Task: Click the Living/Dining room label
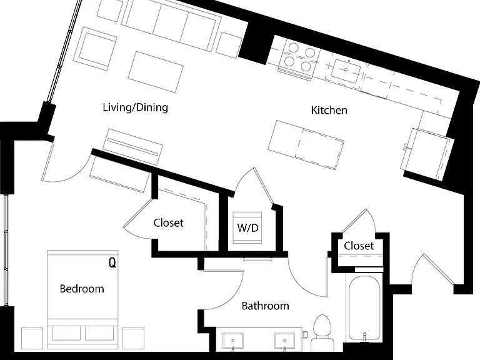coord(135,107)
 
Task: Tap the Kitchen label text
coord(329,110)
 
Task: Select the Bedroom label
coord(82,289)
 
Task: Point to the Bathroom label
coord(266,306)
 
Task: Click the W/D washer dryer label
coord(247,227)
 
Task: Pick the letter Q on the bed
coord(112,262)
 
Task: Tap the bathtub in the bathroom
coord(364,308)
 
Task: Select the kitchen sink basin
coord(346,71)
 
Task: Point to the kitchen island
coord(306,145)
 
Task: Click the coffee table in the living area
coord(156,72)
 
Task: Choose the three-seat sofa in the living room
coord(171,26)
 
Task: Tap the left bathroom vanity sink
coord(233,341)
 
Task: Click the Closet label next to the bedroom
coord(168,223)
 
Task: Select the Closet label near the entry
coord(359,246)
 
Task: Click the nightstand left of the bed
coord(32,338)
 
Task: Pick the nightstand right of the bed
coord(134,338)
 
